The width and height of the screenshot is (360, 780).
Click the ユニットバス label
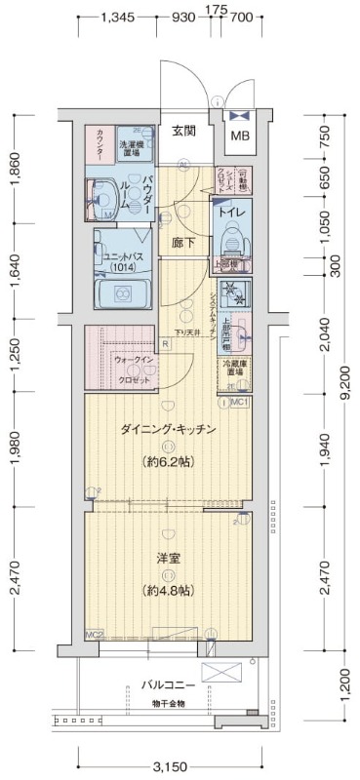coord(119,260)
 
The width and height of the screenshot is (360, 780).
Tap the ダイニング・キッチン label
coord(168,430)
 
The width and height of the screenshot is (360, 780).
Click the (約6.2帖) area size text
coord(168,462)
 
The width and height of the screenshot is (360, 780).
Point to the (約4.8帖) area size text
coord(168,591)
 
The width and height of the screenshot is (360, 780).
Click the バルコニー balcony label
coord(168,685)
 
